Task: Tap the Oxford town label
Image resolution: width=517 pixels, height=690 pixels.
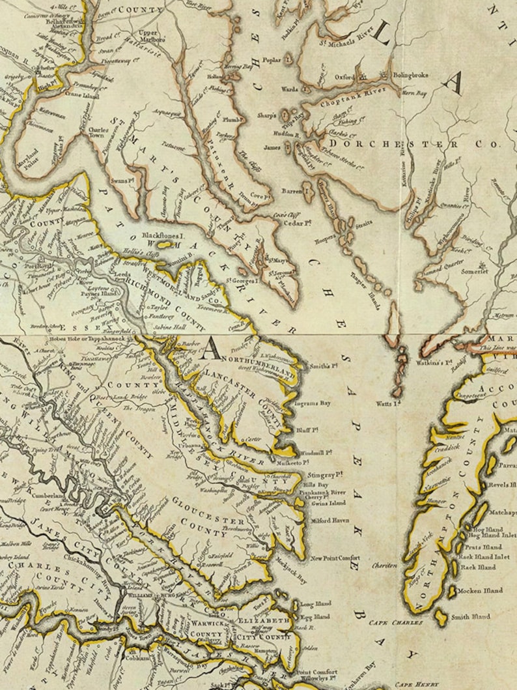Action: click(345, 76)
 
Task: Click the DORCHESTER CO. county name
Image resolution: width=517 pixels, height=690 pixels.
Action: click(414, 143)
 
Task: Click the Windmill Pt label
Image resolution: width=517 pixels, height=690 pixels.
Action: click(316, 452)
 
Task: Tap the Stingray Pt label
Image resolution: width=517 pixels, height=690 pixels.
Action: click(326, 476)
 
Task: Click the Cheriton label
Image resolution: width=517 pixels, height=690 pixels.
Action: click(385, 566)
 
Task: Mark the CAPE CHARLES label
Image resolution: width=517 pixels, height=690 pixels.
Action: click(391, 624)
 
